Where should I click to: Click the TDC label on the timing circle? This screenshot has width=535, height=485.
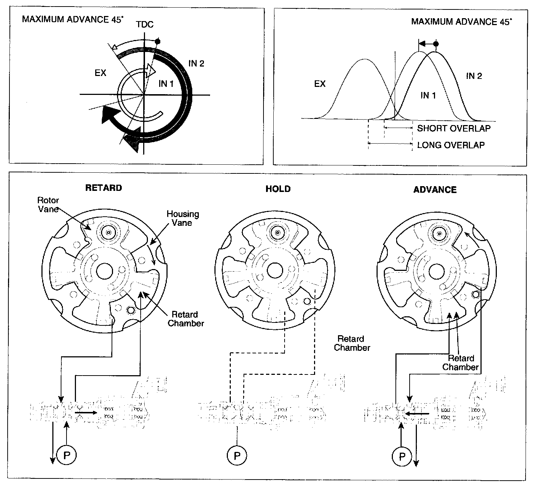pos(145,25)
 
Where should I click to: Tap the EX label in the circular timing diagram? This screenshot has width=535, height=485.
pos(100,73)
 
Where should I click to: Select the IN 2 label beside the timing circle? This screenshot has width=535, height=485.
pos(196,64)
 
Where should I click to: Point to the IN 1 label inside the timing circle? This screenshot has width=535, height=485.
pos(166,84)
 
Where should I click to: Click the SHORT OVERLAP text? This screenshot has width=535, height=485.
pos(454,128)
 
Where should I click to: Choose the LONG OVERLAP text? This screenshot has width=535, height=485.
pos(451,145)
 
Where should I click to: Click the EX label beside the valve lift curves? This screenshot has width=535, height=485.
pos(320,84)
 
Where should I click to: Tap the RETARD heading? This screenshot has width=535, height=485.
pos(104,188)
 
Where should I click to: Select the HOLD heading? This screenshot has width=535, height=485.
pos(278,189)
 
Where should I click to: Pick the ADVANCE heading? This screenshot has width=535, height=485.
pos(435,190)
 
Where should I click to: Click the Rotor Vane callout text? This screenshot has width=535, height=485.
pos(48,205)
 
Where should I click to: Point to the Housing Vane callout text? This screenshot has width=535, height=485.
pos(183,218)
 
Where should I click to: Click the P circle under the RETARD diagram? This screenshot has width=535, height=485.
pos(67,455)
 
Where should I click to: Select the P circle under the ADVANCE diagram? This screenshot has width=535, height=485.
pos(402,456)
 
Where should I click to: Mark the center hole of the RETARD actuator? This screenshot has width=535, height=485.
pos(105,271)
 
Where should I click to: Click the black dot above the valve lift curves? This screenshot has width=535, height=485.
pos(436,44)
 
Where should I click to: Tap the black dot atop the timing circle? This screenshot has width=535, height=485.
pos(157,41)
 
